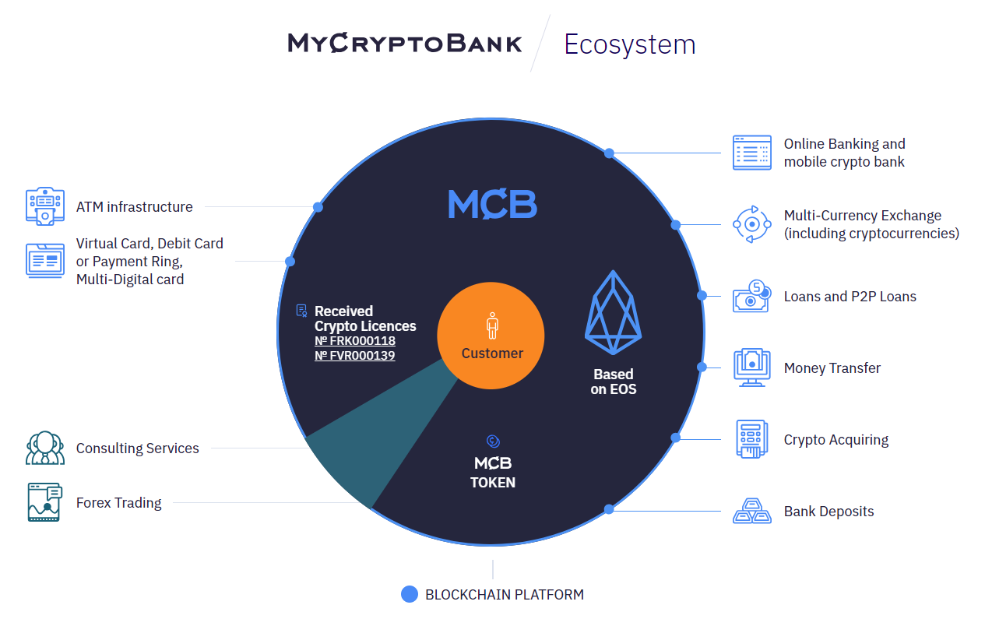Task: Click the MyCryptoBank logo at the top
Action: coord(405,43)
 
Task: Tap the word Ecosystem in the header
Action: coord(629,44)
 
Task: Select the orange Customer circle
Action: coord(491,335)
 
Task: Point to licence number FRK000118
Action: coord(355,341)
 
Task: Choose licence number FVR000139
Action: coord(355,356)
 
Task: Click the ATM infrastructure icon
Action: coord(44,206)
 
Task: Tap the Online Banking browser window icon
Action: coord(751,153)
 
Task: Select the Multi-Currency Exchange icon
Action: coord(751,224)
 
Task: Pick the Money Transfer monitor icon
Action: coord(751,368)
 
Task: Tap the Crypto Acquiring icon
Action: coord(751,439)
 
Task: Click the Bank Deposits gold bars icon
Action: coord(751,512)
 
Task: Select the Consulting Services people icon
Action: coord(44,448)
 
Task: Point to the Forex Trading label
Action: coord(119,503)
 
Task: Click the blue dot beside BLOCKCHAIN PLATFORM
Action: coord(410,595)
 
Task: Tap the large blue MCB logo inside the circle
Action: coord(492,204)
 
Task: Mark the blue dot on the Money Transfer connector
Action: coord(702,367)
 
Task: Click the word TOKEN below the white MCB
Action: coord(492,483)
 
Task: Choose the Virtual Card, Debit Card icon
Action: coord(44,261)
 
